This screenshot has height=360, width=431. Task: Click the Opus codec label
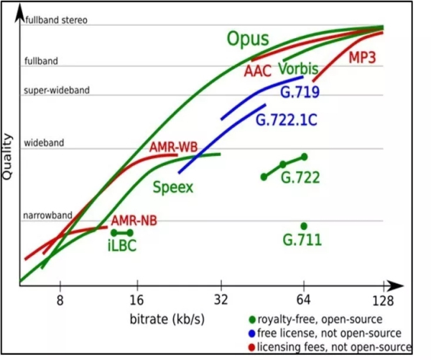point(248,40)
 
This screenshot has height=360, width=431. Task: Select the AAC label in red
point(256,71)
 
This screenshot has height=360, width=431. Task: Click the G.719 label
point(300,92)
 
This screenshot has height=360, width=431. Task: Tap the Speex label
point(174,187)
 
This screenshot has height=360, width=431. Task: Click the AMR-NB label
point(134,220)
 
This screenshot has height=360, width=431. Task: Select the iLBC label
point(121,246)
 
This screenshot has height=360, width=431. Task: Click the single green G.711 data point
point(304,226)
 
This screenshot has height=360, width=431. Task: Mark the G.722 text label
point(300,177)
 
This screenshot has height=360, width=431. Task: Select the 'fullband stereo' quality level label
point(56,20)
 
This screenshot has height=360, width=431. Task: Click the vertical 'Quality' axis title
point(10,154)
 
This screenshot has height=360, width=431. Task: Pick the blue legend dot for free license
point(251,333)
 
